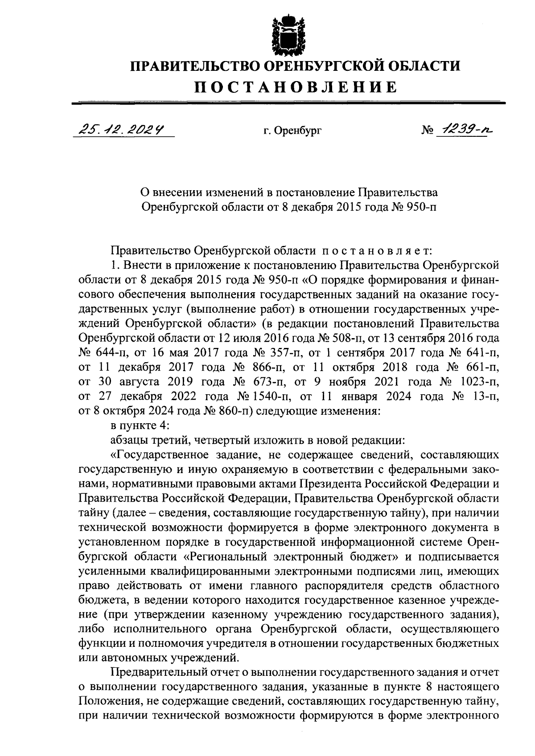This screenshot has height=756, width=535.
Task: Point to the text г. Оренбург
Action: [292, 131]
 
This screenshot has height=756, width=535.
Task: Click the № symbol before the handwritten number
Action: [427, 131]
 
